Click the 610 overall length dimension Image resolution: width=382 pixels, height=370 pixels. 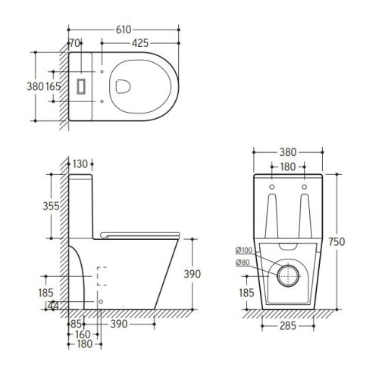[x=124, y=30]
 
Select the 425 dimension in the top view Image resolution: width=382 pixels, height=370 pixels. [x=140, y=43]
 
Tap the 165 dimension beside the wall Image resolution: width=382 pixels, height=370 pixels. [x=53, y=86]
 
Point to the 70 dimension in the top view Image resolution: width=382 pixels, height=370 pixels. [x=75, y=43]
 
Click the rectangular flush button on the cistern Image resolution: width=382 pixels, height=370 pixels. [x=81, y=86]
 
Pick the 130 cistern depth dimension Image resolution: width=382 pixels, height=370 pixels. [x=80, y=164]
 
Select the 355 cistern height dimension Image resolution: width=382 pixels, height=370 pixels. [x=51, y=206]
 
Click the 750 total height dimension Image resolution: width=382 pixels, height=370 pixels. [x=337, y=241]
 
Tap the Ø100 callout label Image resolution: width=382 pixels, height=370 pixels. [x=244, y=250]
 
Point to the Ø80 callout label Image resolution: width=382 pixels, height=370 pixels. [x=243, y=263]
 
